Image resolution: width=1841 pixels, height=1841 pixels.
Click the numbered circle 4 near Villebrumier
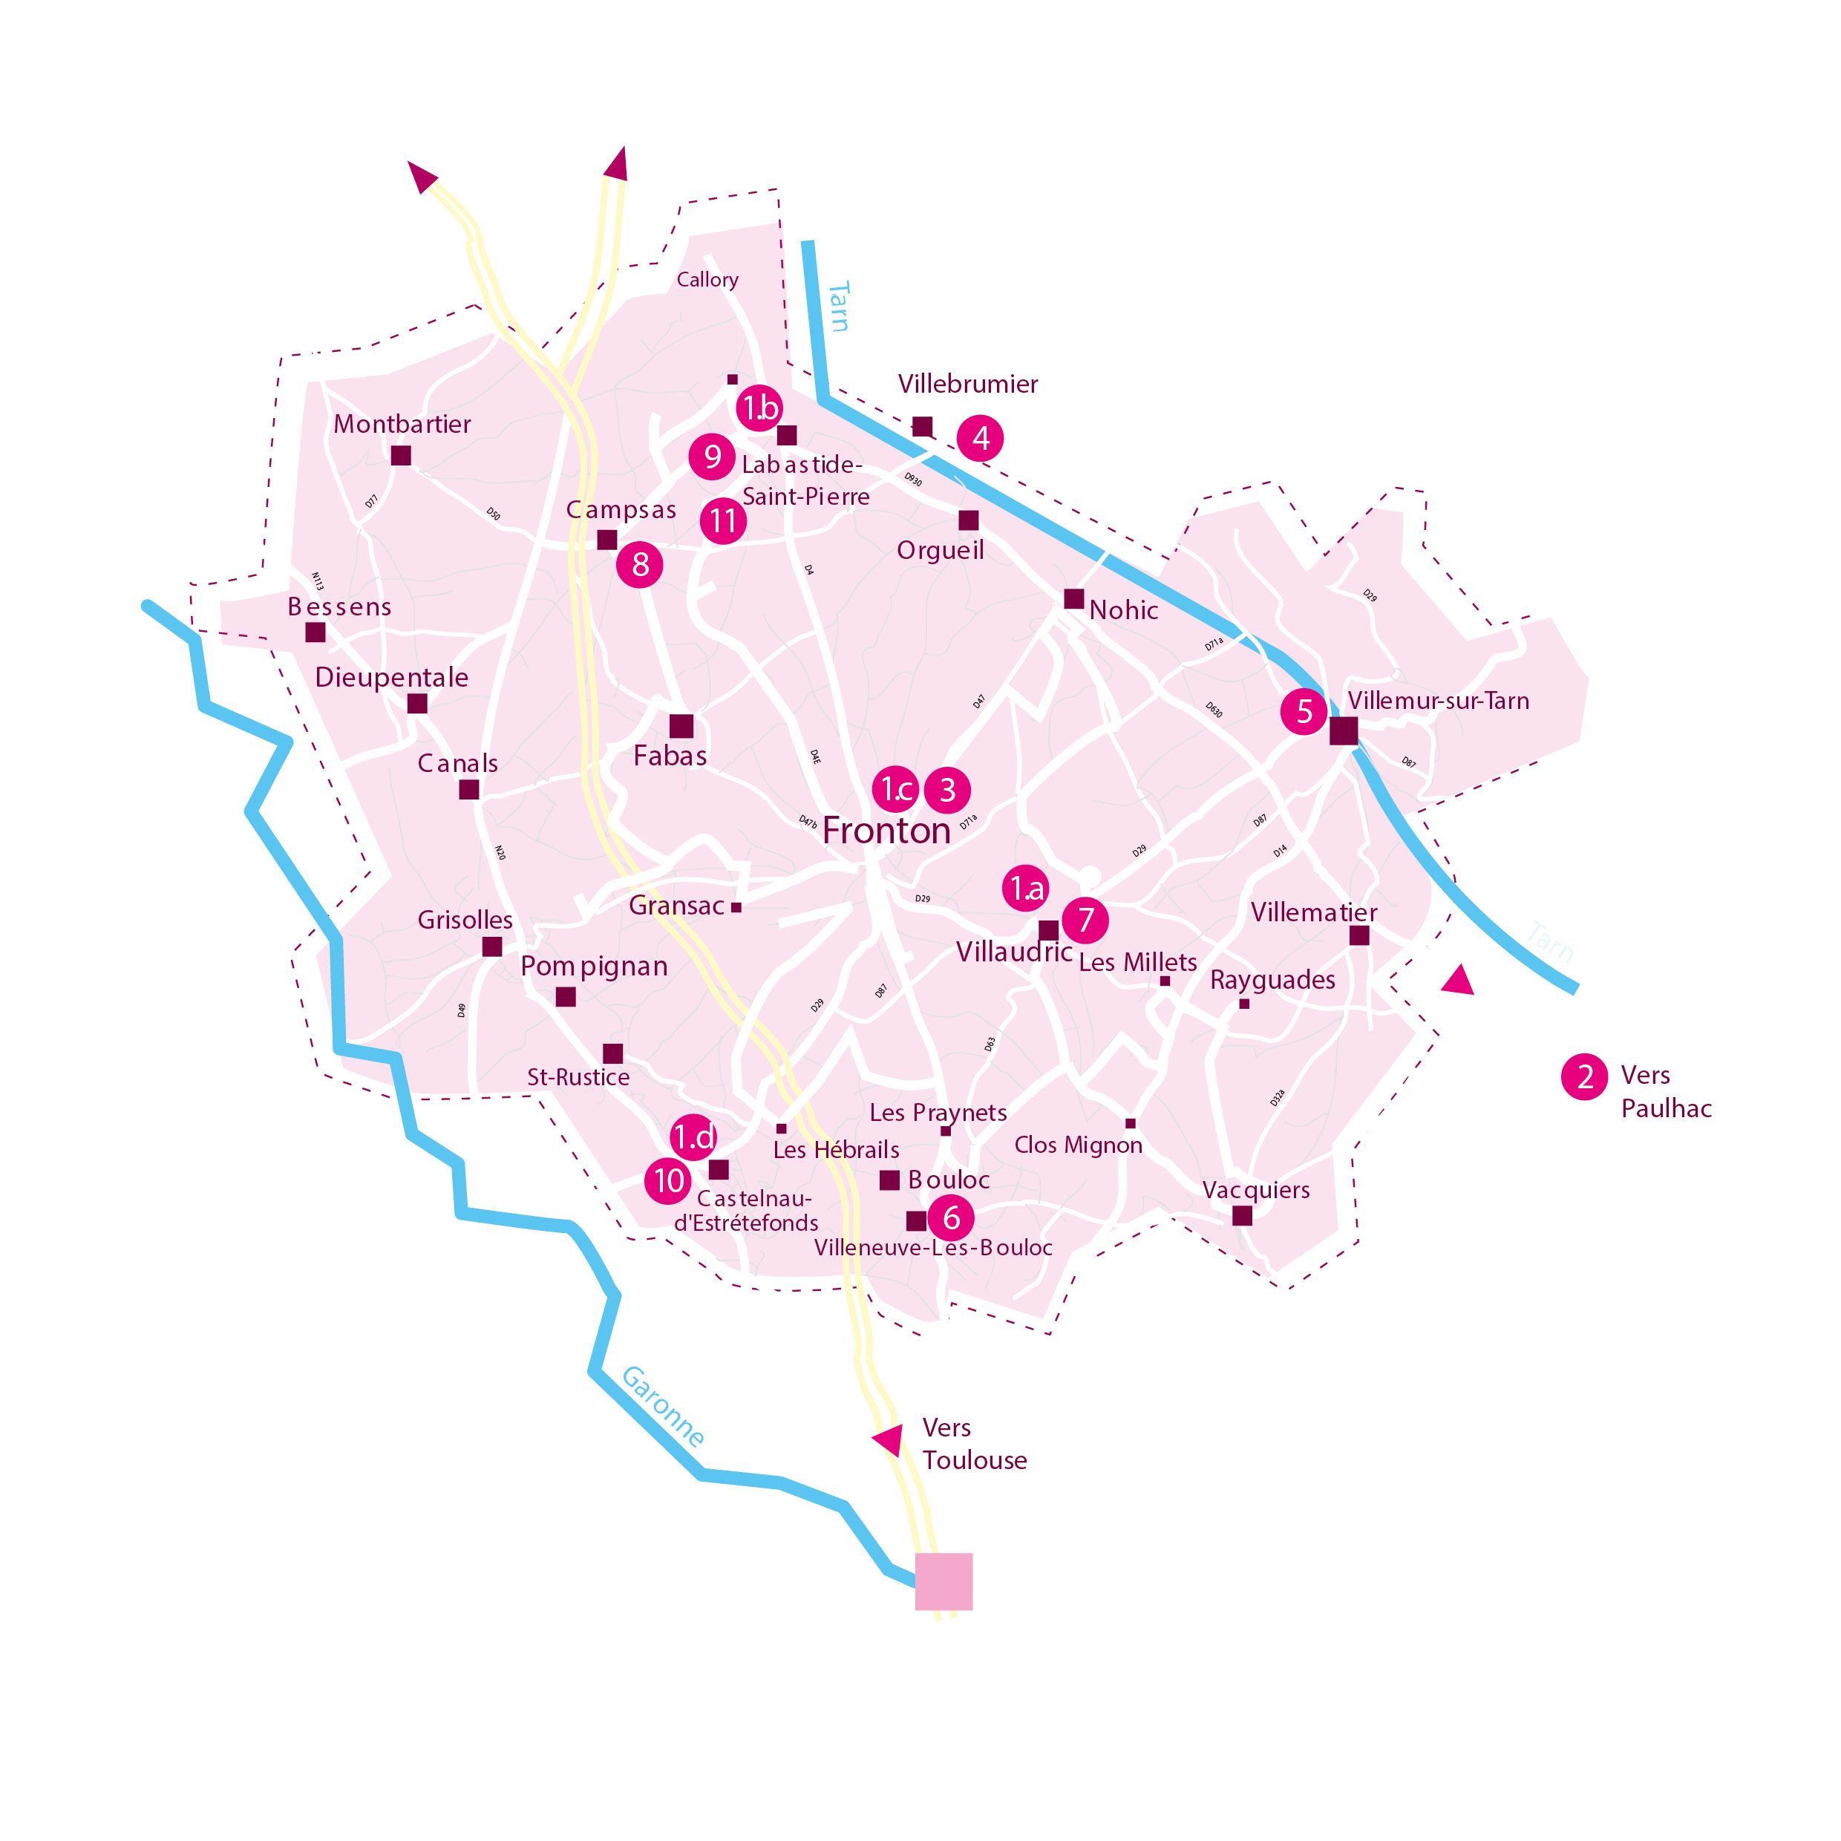(980, 438)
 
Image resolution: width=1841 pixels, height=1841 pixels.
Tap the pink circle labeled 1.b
(759, 408)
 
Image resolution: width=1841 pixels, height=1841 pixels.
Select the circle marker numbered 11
(723, 521)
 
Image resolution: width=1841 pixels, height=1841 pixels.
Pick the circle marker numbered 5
(1304, 711)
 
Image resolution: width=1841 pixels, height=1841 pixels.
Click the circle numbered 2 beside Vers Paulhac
(1585, 1077)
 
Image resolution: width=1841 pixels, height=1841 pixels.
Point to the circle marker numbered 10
(668, 1180)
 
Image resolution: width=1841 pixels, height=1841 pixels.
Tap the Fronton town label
(886, 831)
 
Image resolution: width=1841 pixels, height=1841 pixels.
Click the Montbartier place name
(402, 424)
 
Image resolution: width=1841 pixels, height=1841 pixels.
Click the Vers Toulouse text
(974, 1444)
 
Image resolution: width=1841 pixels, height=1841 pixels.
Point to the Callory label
(707, 279)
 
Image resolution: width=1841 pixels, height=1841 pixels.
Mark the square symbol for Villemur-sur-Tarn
(1344, 731)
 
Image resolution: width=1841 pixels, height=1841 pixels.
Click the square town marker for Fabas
(681, 726)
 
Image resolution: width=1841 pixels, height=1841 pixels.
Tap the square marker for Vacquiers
(1242, 1215)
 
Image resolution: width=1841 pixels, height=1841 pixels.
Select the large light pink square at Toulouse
(944, 1582)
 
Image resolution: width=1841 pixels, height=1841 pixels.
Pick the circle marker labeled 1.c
(896, 789)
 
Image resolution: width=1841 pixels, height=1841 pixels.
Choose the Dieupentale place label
(392, 678)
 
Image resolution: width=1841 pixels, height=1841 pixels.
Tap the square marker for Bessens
(315, 632)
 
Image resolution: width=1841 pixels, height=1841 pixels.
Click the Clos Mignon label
(1078, 1145)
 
